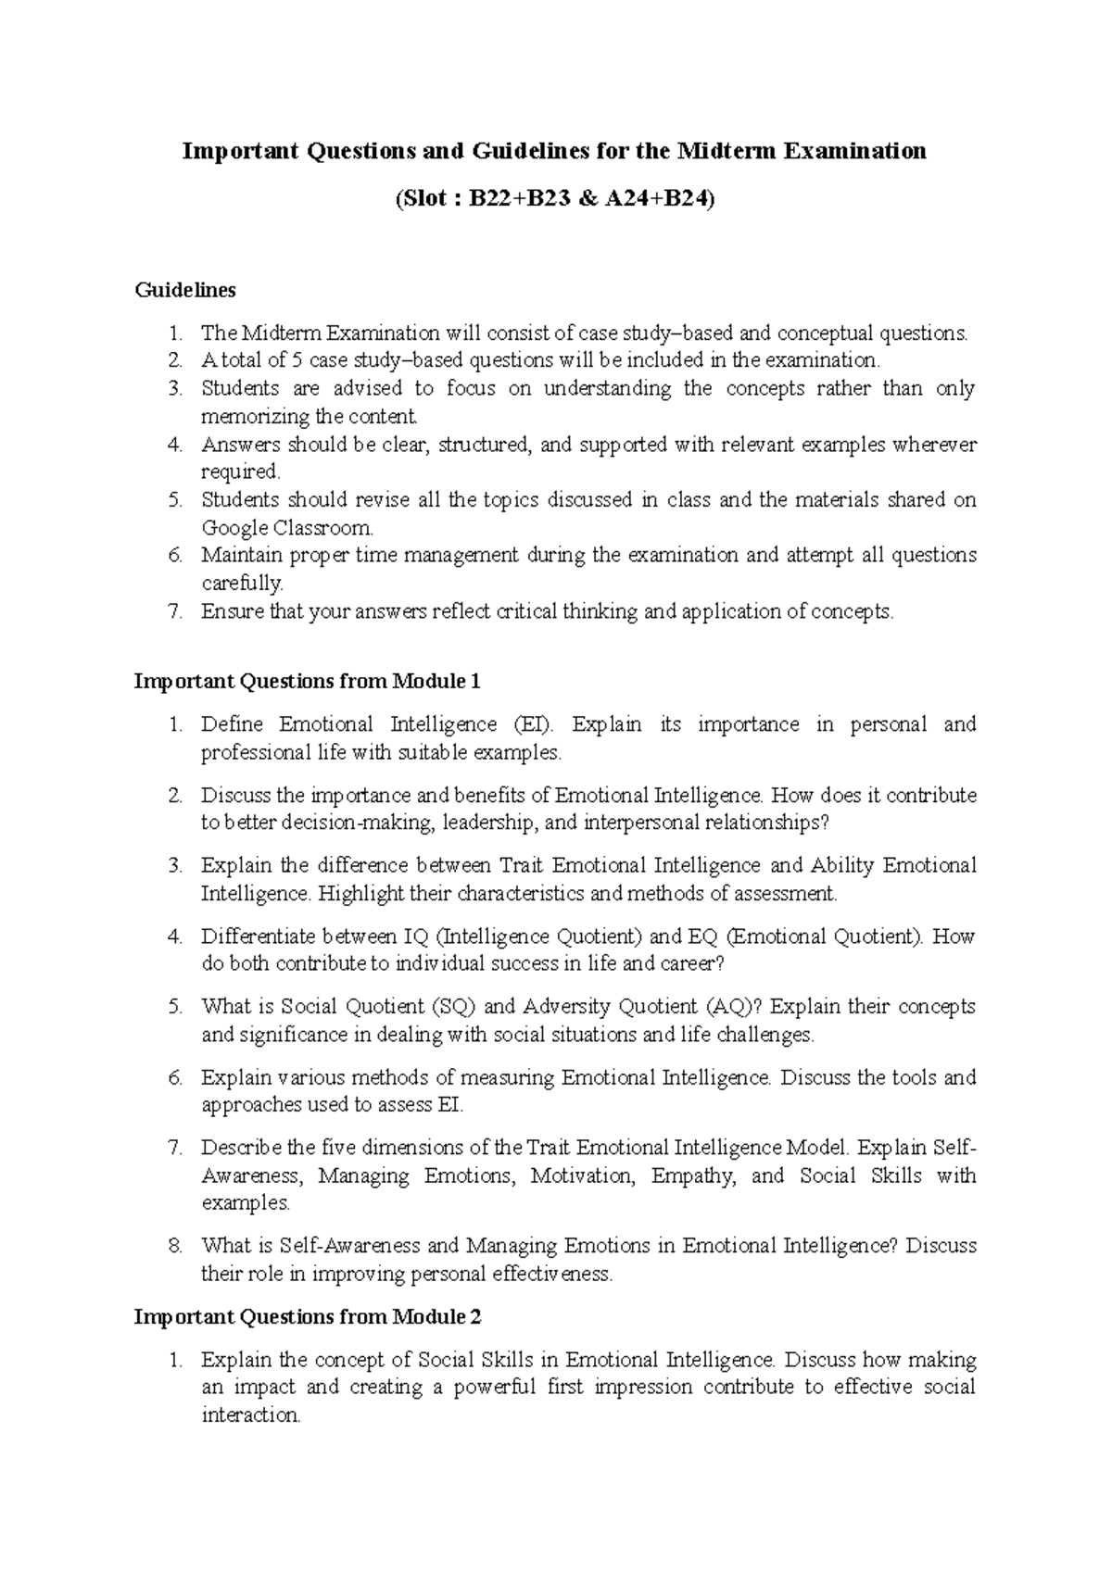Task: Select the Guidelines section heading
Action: tap(185, 291)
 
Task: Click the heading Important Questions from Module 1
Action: tap(308, 682)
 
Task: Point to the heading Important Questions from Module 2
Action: tap(308, 1316)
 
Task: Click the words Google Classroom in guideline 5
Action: tap(287, 529)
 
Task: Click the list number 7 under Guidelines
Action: tap(176, 611)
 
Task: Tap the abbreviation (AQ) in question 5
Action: tap(737, 1007)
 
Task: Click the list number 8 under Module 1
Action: tap(176, 1247)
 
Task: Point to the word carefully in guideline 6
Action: tap(242, 584)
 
